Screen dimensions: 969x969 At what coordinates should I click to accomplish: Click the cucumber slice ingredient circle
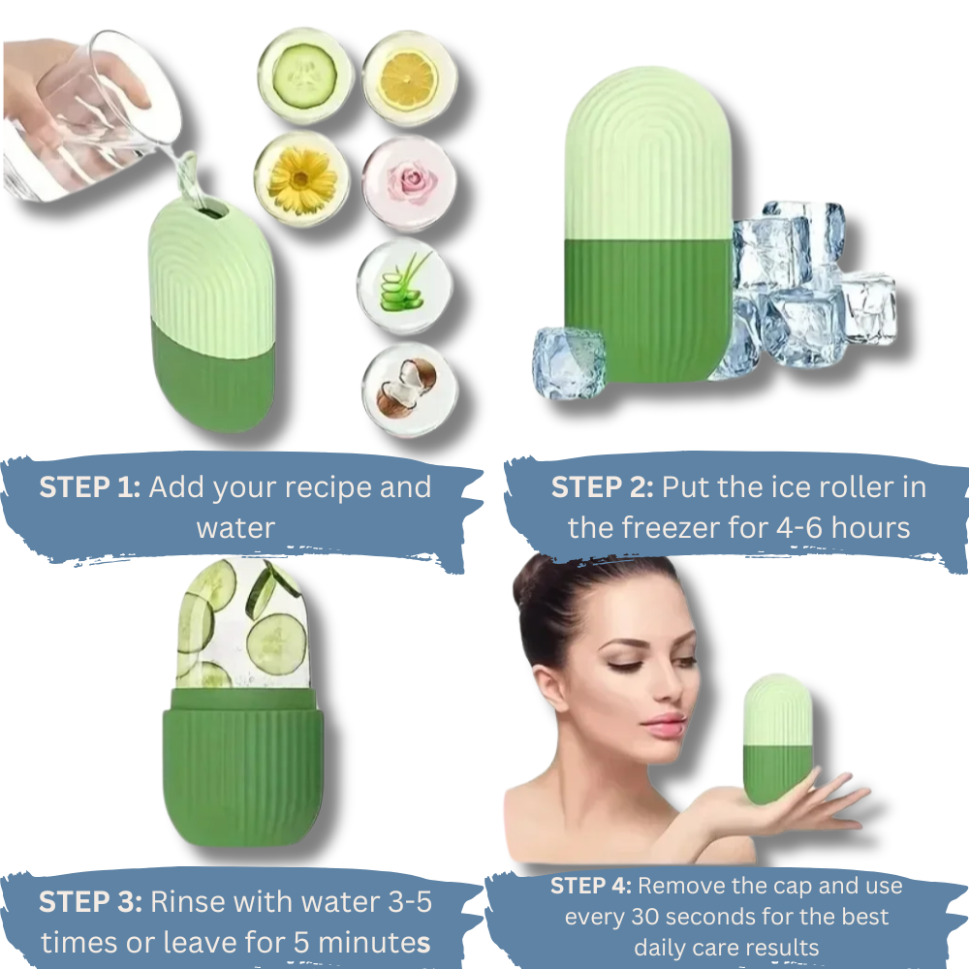click(x=302, y=75)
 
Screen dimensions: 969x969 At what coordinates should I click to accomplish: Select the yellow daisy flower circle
click(x=302, y=179)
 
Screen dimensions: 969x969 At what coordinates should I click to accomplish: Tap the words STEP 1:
click(x=90, y=487)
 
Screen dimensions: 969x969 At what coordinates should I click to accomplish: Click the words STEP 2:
click(x=602, y=487)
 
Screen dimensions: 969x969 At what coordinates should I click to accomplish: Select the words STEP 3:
click(x=90, y=902)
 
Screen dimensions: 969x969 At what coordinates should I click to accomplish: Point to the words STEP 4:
click(x=591, y=886)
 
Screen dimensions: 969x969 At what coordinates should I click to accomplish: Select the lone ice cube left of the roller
click(x=569, y=362)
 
